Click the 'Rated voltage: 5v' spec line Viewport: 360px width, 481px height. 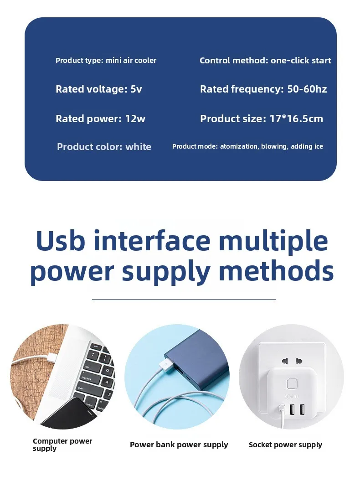click(x=99, y=89)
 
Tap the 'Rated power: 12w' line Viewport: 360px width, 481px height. click(x=100, y=119)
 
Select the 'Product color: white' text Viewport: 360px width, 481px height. click(x=104, y=147)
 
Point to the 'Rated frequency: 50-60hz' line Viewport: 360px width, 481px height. click(x=263, y=89)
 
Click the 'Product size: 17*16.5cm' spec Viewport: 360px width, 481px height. click(x=262, y=119)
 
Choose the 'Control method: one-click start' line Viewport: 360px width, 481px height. click(x=265, y=61)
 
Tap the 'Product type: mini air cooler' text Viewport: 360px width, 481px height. click(x=106, y=61)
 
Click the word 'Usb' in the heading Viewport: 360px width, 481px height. click(x=60, y=241)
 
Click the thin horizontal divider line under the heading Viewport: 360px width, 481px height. click(x=184, y=299)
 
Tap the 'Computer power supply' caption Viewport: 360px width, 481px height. click(x=62, y=445)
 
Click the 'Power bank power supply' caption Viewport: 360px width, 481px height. click(x=179, y=445)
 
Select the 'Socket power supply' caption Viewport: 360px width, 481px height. click(x=285, y=445)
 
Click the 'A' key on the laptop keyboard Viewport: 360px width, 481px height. click(x=107, y=382)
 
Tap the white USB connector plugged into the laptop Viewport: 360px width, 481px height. click(x=51, y=357)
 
